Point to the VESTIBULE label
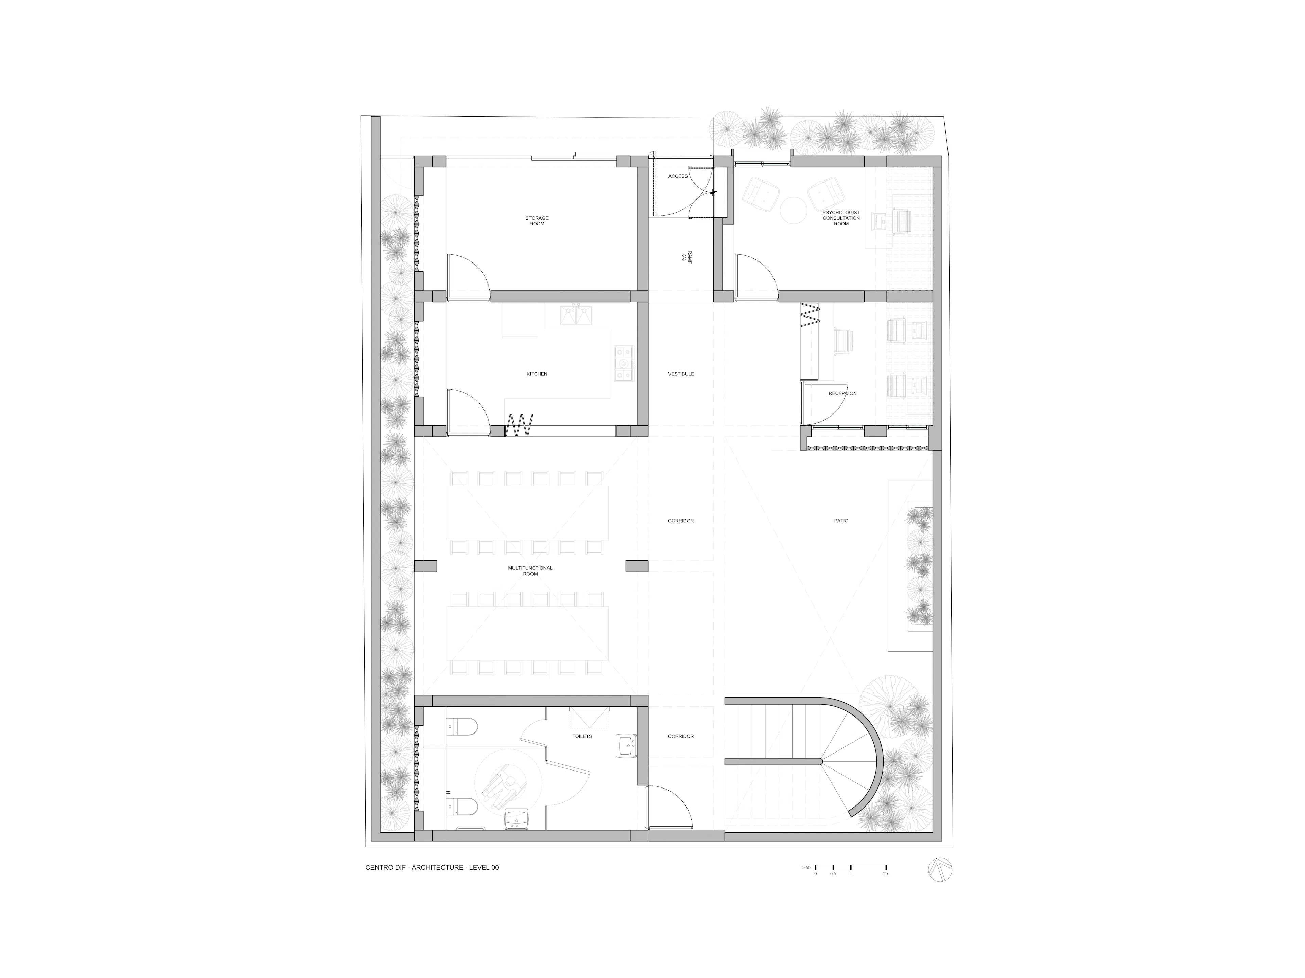coord(680,374)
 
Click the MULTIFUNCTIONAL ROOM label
coord(530,570)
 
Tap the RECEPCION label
coord(842,393)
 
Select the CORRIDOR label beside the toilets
coord(680,736)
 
